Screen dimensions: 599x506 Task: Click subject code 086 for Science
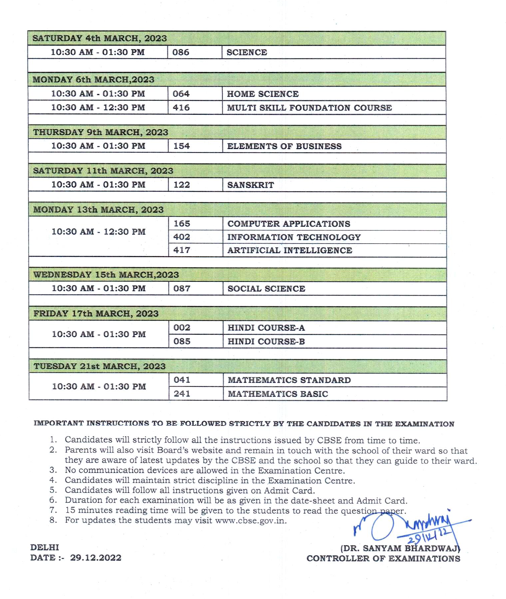click(181, 52)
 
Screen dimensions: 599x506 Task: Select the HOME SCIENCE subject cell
click(262, 94)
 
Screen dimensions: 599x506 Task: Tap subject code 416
click(181, 108)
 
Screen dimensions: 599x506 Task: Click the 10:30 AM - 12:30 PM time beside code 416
click(98, 108)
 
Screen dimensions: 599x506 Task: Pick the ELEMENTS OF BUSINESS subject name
click(284, 146)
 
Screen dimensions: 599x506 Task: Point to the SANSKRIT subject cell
click(251, 185)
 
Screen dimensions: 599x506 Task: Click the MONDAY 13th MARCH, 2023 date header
click(98, 210)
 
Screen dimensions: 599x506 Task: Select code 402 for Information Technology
click(181, 237)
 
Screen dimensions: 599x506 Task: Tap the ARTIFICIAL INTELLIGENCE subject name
click(290, 250)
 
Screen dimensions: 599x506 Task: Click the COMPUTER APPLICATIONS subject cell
click(289, 224)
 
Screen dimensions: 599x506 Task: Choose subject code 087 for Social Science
click(182, 288)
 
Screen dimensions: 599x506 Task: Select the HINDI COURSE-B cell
click(266, 341)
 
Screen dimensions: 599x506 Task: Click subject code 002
click(182, 328)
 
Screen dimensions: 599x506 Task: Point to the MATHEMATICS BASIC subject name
click(278, 394)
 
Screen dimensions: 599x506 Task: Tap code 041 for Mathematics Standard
click(182, 380)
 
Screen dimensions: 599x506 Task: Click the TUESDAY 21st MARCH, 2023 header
click(99, 366)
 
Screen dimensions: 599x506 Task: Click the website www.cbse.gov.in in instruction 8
click(250, 520)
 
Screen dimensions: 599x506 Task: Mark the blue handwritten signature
click(411, 528)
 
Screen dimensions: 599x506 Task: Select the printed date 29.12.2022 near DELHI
click(96, 558)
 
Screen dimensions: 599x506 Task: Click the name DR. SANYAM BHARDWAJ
click(400, 548)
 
